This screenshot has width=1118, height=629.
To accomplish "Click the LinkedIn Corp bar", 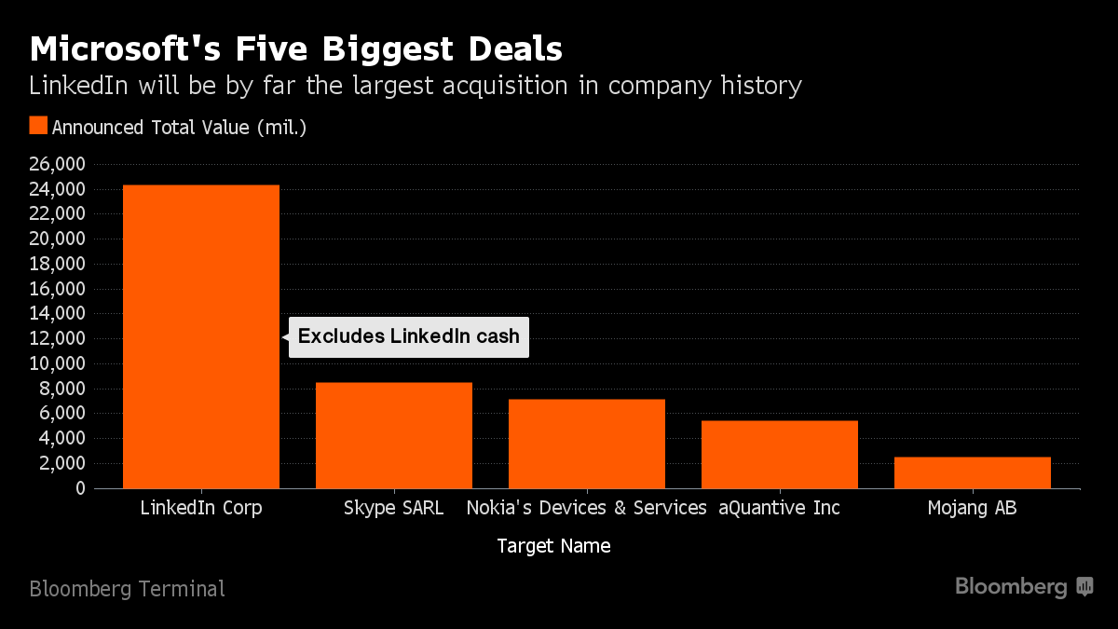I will click(x=201, y=336).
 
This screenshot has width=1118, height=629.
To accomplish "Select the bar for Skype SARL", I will click(x=394, y=435).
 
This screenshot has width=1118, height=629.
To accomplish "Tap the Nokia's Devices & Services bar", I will click(x=587, y=444).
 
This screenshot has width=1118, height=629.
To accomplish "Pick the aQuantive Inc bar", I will click(x=780, y=455).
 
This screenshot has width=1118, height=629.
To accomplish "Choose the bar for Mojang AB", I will click(x=973, y=472).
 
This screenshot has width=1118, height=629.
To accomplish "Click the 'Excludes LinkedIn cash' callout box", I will click(x=409, y=336).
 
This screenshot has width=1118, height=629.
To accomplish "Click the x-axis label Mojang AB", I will click(x=973, y=509).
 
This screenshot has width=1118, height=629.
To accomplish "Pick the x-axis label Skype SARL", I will click(x=394, y=509).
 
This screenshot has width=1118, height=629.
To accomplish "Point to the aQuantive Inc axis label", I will click(x=780, y=509).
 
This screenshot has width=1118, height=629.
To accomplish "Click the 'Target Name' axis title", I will click(x=554, y=546).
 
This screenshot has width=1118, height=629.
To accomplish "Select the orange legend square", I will click(x=38, y=127).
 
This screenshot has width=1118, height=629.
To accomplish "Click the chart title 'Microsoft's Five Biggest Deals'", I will click(x=295, y=48).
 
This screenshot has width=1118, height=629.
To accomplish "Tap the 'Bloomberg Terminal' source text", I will click(x=127, y=589).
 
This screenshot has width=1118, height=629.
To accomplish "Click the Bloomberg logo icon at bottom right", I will click(x=1084, y=587).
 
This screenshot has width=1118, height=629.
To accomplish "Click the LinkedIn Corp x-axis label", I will click(x=201, y=509).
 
